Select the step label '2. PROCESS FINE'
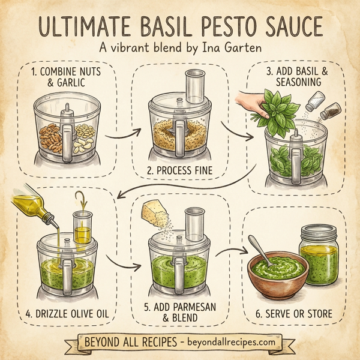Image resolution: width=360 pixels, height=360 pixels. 180,170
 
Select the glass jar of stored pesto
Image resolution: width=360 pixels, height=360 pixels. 317,254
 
